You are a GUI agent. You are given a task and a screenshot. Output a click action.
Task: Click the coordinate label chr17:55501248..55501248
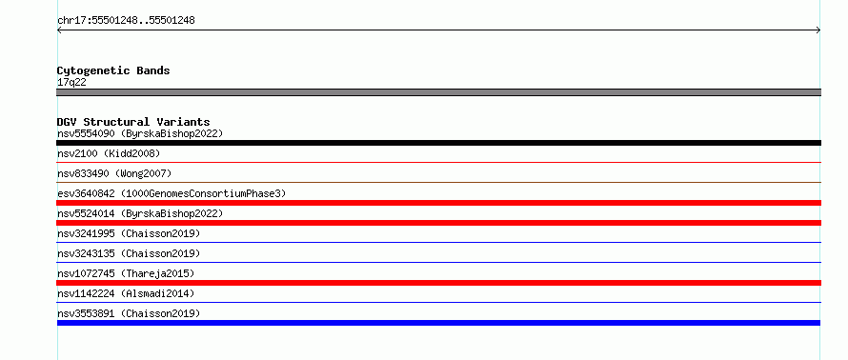point(126,21)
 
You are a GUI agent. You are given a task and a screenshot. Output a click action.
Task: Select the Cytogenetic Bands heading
point(113,70)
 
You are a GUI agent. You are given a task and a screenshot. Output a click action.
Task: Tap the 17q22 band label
point(71,83)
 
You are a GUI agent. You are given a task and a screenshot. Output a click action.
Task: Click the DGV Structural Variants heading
point(133,122)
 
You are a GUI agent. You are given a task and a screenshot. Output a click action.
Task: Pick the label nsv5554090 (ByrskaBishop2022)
point(140,133)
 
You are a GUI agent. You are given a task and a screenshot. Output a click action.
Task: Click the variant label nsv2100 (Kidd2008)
point(109,153)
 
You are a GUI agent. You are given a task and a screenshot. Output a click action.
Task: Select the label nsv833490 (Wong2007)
point(114,173)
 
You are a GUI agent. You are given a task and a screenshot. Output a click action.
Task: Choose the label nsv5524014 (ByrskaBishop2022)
point(140,213)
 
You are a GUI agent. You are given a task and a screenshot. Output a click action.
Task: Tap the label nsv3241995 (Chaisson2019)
point(129,233)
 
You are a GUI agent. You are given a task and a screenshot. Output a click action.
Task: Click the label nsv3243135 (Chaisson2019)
point(129,253)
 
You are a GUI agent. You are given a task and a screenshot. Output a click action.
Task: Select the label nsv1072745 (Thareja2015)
point(126,273)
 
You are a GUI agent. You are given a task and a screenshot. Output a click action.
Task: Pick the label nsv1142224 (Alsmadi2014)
point(126,293)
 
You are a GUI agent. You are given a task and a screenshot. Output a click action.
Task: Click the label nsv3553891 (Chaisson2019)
point(129,313)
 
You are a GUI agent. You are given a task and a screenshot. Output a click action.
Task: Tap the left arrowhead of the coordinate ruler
point(58,30)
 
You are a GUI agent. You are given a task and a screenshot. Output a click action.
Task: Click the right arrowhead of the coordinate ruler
point(819,30)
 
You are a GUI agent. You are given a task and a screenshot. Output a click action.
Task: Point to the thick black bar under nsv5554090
point(438,143)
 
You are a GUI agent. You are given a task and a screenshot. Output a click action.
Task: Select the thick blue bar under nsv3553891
point(438,323)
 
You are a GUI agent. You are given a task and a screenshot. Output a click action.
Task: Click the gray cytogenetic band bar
point(438,92)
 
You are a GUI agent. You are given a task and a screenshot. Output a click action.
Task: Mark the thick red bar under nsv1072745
point(438,283)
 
